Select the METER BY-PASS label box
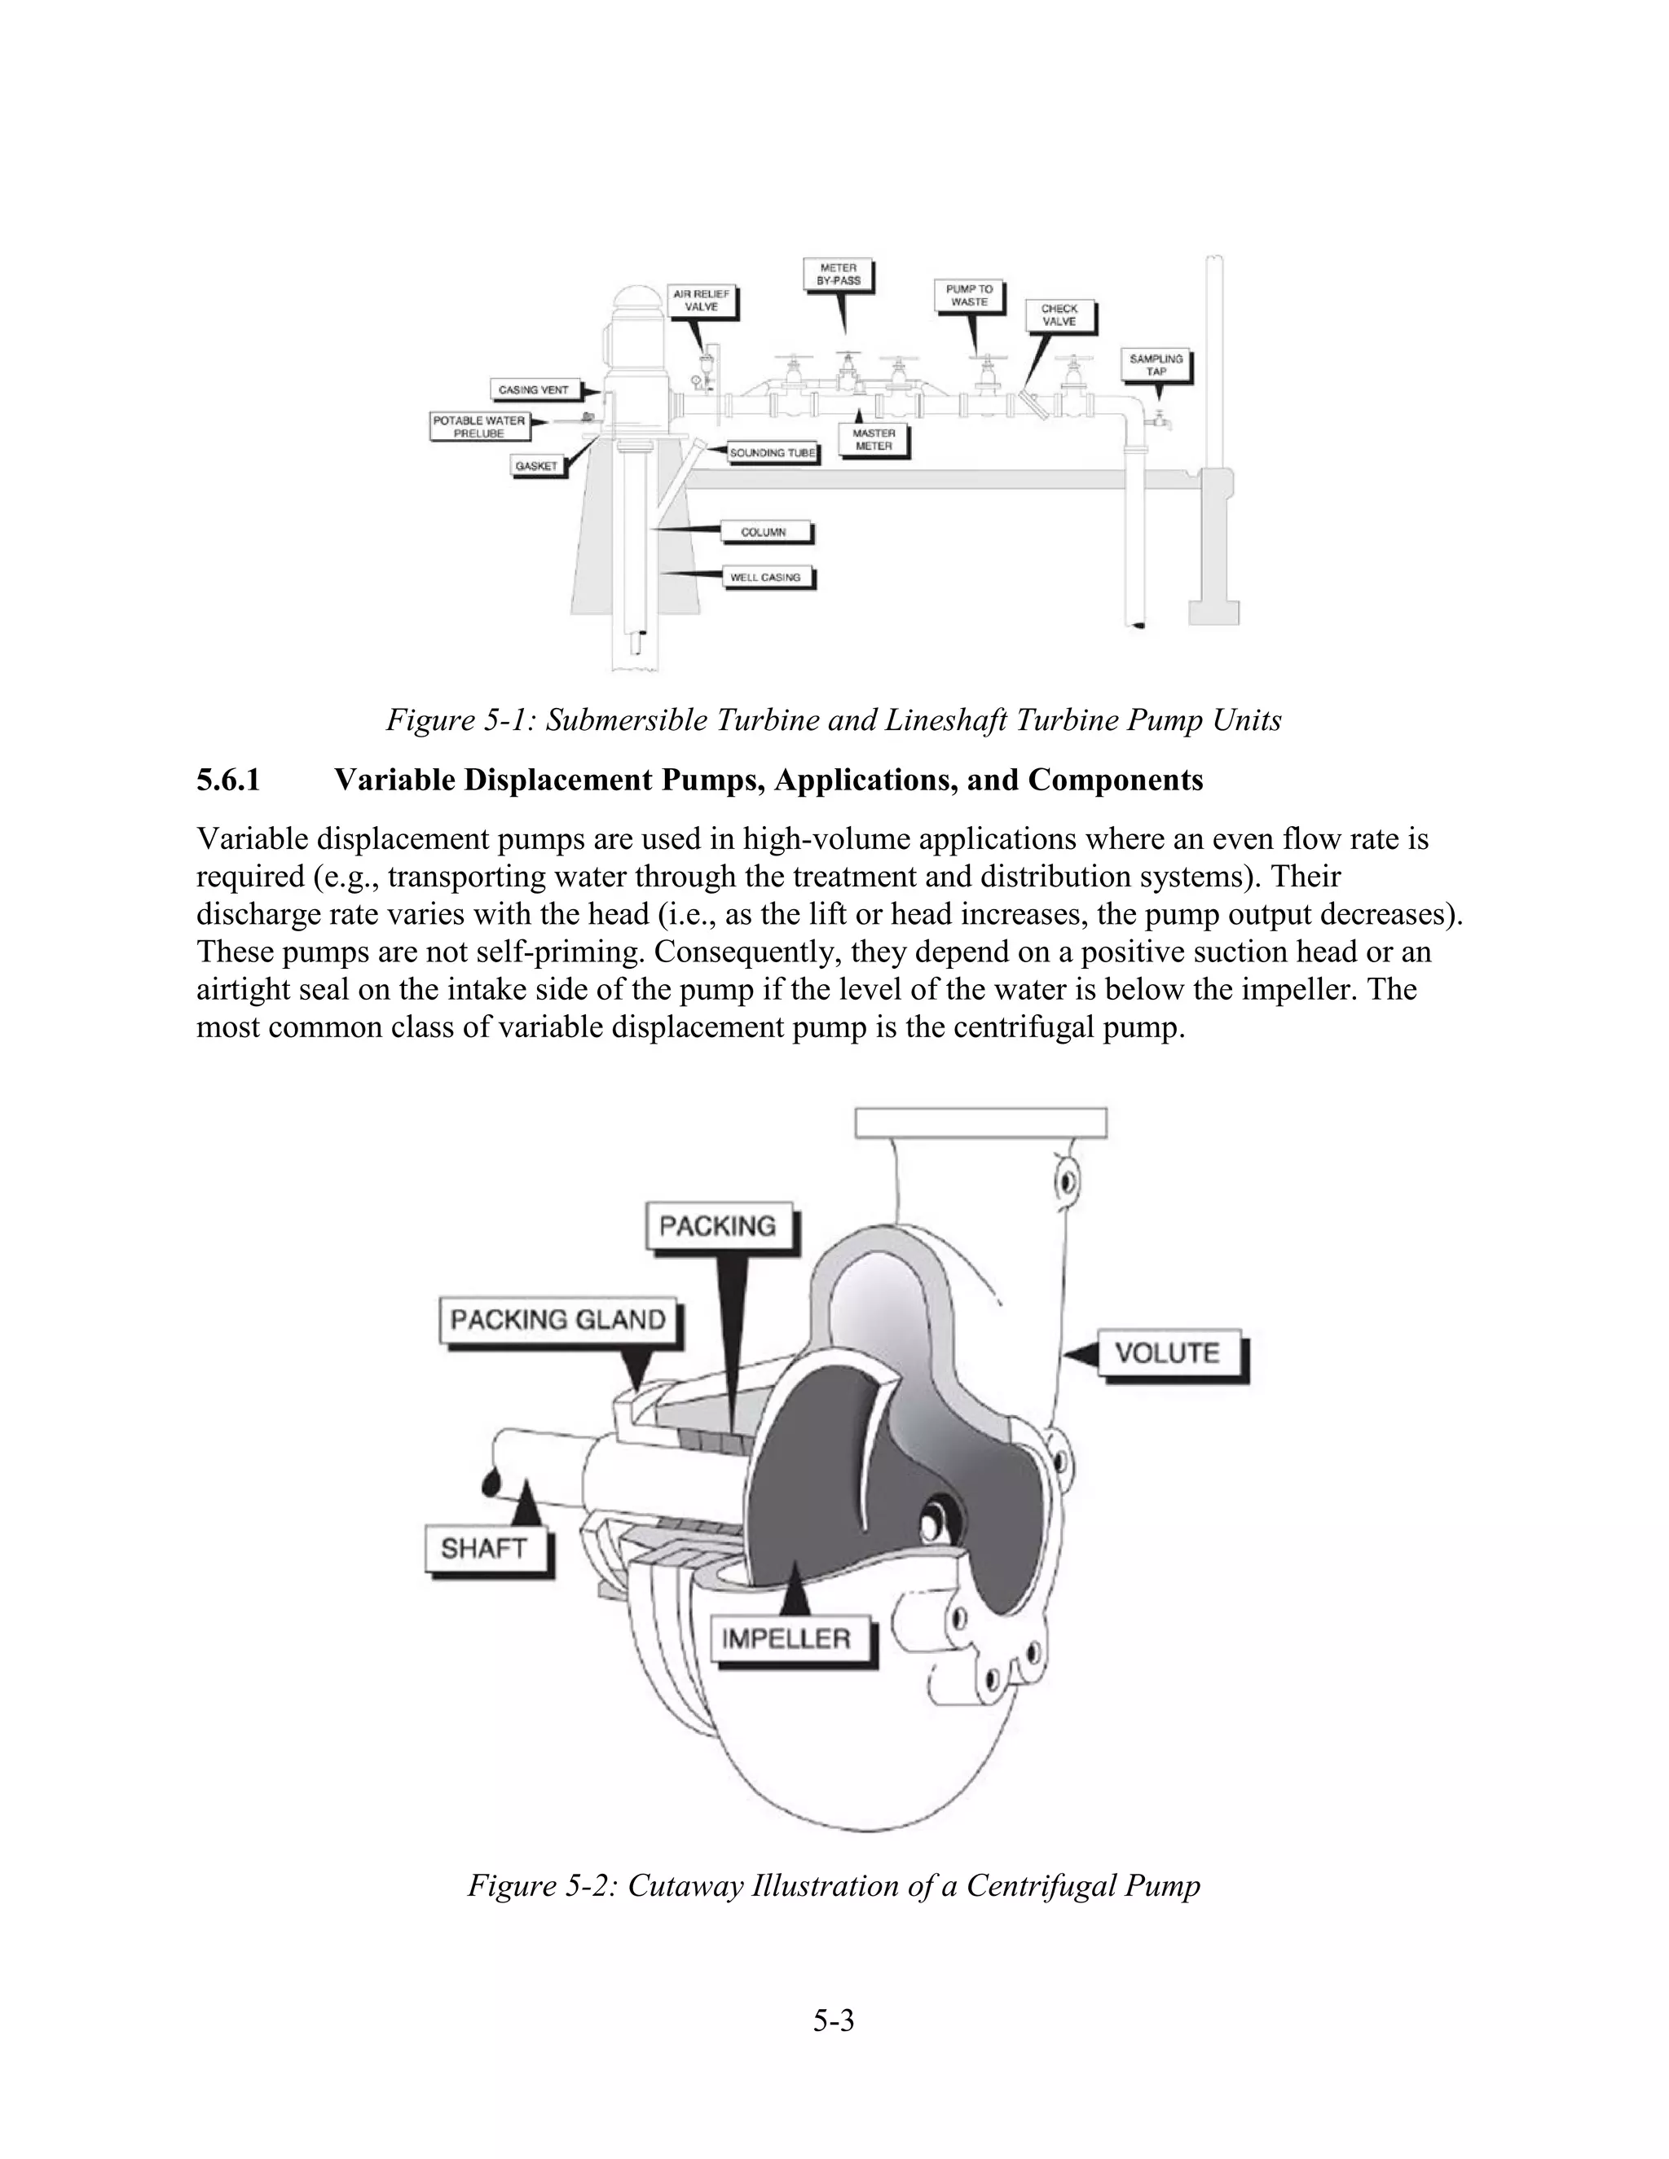(x=839, y=274)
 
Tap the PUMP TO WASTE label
(x=969, y=296)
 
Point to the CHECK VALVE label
(x=1059, y=315)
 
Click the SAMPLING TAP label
(x=1156, y=365)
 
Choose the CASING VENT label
(x=533, y=389)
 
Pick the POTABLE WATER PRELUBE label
(x=478, y=426)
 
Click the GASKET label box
(x=537, y=465)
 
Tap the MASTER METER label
(x=873, y=440)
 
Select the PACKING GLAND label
(x=557, y=1320)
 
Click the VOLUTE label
(x=1168, y=1352)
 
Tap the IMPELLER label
(x=786, y=1639)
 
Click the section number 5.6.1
(x=228, y=780)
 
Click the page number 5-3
(x=834, y=2020)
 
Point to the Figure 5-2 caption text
(x=834, y=1885)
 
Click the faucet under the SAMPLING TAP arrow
(x=1158, y=421)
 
